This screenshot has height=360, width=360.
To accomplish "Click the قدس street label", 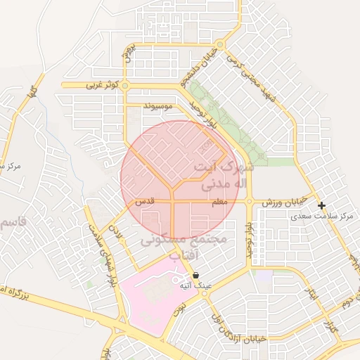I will click(x=144, y=202).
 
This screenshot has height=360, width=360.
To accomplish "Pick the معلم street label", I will click(x=219, y=202).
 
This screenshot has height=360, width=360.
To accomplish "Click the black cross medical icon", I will click(x=321, y=206).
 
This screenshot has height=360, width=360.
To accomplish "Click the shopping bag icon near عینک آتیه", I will click(x=195, y=276).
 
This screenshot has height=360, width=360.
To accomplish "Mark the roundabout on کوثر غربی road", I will click(x=125, y=86).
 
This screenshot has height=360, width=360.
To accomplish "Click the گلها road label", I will click(x=31, y=89).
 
